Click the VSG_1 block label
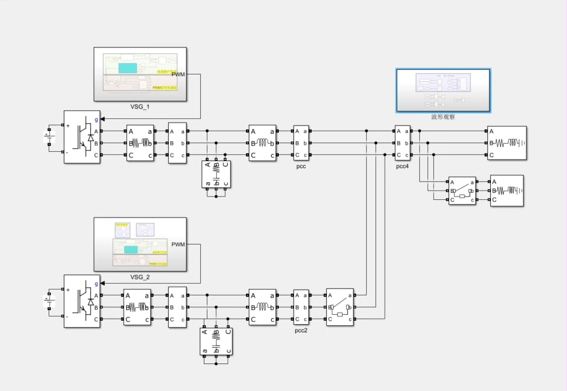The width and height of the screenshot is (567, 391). tap(140, 107)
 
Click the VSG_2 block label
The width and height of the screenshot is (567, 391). tap(140, 277)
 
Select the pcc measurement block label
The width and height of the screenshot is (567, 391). tap(301, 166)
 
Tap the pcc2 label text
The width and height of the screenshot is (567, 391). tap(301, 331)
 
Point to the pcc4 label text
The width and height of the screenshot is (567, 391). tap(402, 166)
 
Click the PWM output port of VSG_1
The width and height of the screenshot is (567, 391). tap(178, 74)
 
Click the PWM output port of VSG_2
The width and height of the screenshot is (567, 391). tap(178, 244)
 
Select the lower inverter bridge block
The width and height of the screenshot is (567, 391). tap(82, 301)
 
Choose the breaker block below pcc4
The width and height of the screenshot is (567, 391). tap(462, 191)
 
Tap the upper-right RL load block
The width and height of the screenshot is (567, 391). tap(507, 143)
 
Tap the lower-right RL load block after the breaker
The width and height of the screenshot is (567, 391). tap(507, 191)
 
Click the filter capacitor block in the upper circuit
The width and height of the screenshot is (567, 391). tap(216, 174)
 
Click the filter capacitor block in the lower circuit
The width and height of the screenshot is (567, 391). tap(216, 342)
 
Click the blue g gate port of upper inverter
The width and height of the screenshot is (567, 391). tap(96, 120)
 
